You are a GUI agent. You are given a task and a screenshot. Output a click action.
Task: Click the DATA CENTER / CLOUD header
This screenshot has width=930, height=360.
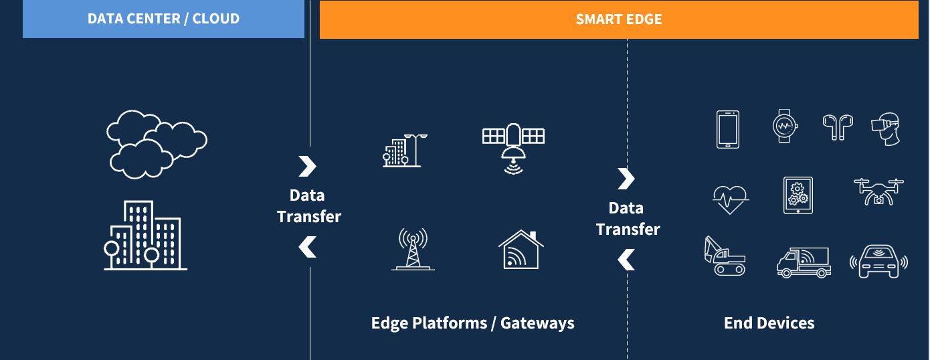[x=163, y=19]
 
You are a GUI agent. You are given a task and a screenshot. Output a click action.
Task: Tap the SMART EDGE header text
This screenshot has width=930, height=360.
[x=619, y=19]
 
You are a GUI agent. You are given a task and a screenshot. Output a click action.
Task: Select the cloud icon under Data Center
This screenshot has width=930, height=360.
[x=157, y=144]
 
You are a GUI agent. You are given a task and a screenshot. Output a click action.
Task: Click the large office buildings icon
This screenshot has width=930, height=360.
[x=145, y=236]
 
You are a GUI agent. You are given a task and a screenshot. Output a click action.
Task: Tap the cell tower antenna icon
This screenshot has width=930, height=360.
[x=413, y=249]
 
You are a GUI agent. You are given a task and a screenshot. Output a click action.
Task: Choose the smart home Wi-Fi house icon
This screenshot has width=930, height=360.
[x=521, y=250]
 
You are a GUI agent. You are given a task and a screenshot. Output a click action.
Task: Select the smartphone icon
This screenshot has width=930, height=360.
[x=727, y=129]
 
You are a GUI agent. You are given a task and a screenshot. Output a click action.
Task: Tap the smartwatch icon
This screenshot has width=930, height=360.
[x=785, y=126]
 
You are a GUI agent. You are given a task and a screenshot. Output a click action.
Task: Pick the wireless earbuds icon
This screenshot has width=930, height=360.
[x=838, y=127]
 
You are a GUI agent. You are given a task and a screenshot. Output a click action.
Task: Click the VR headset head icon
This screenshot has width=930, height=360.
[x=886, y=128]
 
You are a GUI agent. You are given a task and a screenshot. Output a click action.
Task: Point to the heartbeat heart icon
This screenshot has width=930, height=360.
[x=731, y=199]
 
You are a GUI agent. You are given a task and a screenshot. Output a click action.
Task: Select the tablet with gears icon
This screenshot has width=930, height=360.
[x=798, y=195]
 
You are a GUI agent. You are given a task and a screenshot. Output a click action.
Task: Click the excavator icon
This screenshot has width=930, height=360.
[x=725, y=256]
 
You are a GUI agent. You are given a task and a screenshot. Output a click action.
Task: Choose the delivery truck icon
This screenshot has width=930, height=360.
[x=804, y=262]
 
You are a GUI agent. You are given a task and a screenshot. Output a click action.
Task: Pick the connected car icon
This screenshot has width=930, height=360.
[x=878, y=262]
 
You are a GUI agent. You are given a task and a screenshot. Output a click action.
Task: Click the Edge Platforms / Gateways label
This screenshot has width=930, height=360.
[x=472, y=323]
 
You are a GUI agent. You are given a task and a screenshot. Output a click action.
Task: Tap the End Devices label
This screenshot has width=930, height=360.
[x=769, y=323]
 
